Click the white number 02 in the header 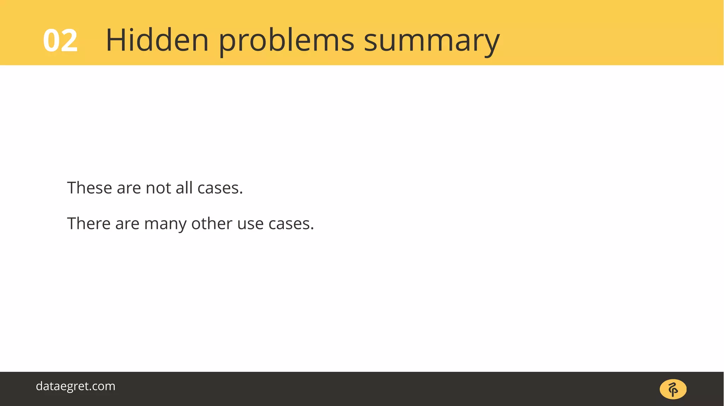60,41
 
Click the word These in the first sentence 89,188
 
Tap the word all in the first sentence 184,188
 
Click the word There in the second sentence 89,223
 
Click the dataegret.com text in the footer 76,386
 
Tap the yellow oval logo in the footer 673,389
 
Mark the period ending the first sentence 241,193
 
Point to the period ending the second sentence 312,229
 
